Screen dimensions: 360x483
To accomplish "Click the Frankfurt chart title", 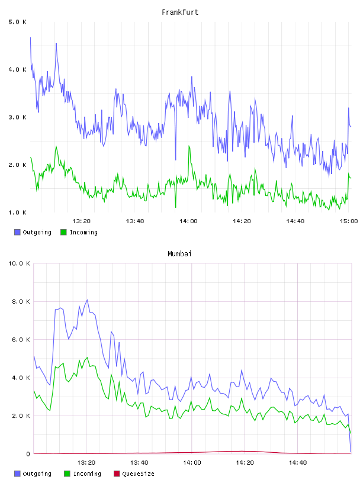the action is click(180, 12).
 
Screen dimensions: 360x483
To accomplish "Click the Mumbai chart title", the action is click(179, 253).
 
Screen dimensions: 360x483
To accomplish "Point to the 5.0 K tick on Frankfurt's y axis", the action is click(17, 22).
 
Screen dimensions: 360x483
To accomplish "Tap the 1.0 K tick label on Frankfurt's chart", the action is click(17, 212).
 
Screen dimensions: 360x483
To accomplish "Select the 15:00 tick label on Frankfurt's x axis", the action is click(349, 221).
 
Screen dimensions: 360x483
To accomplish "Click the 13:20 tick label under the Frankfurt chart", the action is click(81, 221).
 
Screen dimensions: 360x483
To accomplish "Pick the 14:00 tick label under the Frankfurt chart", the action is click(188, 221).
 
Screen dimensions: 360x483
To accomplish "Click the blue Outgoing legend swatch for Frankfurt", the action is click(17, 232).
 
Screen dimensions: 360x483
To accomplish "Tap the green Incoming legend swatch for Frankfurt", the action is click(63, 232).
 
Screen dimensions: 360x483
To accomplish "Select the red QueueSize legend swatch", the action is click(117, 474).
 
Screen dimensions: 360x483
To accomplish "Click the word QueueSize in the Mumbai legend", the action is click(138, 474).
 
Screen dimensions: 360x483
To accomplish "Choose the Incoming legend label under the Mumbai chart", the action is click(87, 474).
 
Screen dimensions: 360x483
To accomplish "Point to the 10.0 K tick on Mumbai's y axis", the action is click(19, 263).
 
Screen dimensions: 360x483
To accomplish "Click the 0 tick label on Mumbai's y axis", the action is click(28, 454).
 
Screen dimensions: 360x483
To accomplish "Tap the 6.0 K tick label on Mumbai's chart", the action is click(21, 339).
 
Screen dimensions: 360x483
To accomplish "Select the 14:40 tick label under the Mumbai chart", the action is click(298, 462).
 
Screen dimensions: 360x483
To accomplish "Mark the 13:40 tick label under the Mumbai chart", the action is click(139, 462).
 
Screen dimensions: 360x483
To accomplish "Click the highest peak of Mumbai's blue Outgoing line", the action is click(87, 300).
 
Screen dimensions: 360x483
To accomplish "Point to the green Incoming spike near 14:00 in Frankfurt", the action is click(189, 146).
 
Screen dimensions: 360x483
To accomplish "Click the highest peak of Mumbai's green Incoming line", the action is click(87, 358).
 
